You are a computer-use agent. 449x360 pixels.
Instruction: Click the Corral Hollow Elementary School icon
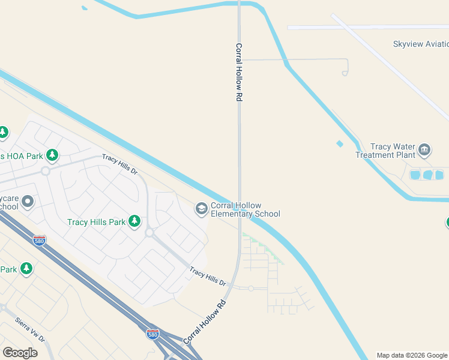coord(202,209)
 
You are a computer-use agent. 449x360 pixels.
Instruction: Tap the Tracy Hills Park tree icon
coord(134,222)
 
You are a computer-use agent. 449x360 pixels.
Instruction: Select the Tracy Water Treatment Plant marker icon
coord(424,149)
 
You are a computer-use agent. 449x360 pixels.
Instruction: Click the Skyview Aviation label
coord(420,44)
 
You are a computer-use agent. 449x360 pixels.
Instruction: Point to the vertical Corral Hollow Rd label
coord(238,72)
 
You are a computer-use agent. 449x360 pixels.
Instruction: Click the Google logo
coord(20,353)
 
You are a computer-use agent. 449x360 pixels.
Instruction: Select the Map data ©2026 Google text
coord(412,355)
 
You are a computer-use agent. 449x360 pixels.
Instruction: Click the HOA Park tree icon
coord(52,156)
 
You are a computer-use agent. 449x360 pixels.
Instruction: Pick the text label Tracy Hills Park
coord(96,222)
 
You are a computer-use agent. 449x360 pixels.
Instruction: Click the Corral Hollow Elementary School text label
coord(245,209)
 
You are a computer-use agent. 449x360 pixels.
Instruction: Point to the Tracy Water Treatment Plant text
coord(385,151)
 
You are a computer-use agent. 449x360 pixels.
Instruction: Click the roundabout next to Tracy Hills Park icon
coord(149,232)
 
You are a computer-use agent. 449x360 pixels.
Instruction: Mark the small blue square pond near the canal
coord(340,143)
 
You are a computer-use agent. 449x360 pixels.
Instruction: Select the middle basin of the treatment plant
coord(427,175)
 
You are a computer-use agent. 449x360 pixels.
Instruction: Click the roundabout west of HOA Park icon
coord(45,171)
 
